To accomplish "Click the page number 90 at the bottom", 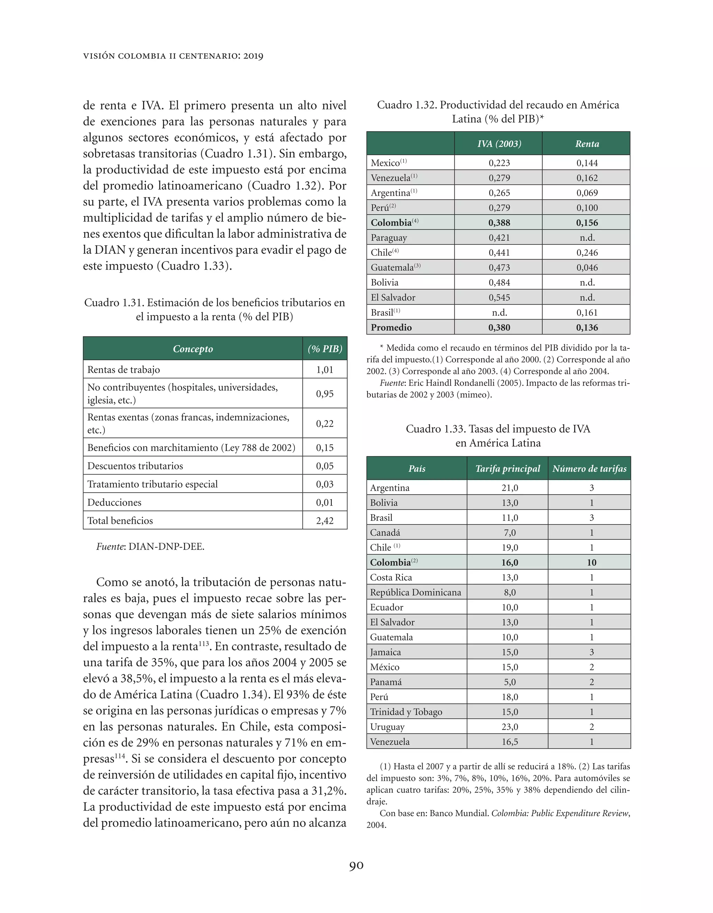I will (x=356, y=865).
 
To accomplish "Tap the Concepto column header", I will (x=193, y=348).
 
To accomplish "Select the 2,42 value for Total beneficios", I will (x=324, y=521).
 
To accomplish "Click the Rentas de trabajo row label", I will (x=124, y=369).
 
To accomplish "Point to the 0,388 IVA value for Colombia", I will (x=499, y=222).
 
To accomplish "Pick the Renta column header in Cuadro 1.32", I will (x=587, y=144).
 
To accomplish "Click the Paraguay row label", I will (x=389, y=237).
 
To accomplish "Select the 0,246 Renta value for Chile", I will (x=587, y=253).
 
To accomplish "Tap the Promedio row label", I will (x=391, y=327).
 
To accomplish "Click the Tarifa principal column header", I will (x=508, y=469).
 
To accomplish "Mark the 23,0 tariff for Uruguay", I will (x=510, y=727).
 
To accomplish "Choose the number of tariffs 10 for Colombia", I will (x=591, y=562).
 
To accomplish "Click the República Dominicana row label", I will (x=415, y=592).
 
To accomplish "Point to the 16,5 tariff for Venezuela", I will (x=510, y=742).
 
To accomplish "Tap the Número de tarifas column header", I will (x=589, y=469).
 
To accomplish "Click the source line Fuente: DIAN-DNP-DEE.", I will (x=150, y=546).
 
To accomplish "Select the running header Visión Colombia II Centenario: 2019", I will (x=173, y=56).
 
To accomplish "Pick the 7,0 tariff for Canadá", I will (x=510, y=532).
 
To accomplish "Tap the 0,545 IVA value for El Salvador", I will (x=499, y=297).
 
